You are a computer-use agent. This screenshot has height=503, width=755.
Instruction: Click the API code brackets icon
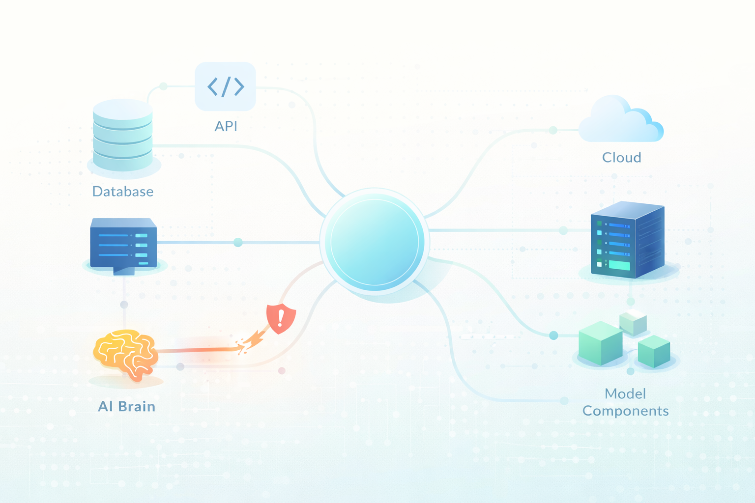pos(226,86)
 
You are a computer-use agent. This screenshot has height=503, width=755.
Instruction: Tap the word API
pos(226,126)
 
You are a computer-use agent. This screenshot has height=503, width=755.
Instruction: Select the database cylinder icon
pos(122,135)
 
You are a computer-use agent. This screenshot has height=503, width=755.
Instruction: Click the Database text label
pos(123,191)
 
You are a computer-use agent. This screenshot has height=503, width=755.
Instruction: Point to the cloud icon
pos(621,121)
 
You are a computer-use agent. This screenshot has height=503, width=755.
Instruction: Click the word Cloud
pos(621,157)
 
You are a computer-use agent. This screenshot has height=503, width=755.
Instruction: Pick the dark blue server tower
pos(628,239)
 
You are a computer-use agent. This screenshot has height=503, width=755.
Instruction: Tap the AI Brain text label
pos(127,406)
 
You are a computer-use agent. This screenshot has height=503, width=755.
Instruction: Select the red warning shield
pos(281,318)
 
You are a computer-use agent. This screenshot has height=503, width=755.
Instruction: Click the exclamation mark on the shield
pos(281,318)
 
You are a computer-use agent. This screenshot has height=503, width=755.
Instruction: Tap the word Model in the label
pos(625,393)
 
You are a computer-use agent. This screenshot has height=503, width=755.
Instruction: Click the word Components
pos(625,411)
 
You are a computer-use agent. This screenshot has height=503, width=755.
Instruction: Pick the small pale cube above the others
pos(633,322)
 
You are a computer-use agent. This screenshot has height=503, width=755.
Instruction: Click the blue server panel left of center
pos(123,244)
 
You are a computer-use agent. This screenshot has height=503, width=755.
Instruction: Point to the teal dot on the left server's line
pos(238,242)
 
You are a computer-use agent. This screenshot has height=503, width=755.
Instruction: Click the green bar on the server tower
pos(619,266)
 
